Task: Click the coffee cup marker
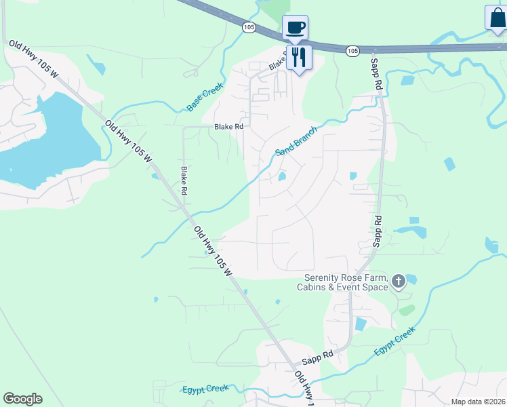(295, 28)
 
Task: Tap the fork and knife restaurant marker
(299, 56)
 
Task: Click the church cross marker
(398, 281)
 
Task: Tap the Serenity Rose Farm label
(345, 282)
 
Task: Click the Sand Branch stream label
(296, 141)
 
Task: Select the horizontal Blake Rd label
(228, 127)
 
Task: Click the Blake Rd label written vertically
(183, 181)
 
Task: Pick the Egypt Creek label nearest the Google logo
(205, 389)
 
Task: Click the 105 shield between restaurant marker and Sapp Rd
(352, 51)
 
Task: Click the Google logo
(22, 399)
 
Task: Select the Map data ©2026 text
(478, 402)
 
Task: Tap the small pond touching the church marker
(411, 278)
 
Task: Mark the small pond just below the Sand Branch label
(281, 177)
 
